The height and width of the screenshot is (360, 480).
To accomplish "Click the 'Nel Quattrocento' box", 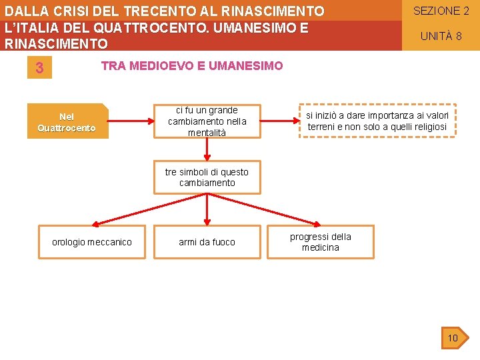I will point(67,121).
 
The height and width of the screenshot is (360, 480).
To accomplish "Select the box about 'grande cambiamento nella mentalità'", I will point(207,121).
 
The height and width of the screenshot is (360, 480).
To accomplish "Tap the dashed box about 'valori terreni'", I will point(377,121).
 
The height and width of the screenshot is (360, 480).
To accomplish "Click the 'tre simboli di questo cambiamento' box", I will point(207,177).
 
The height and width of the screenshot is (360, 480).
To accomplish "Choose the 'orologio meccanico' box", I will point(92,242).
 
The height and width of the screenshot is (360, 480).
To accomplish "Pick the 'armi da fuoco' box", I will point(207,242).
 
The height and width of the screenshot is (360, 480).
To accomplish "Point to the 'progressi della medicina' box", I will point(321,242).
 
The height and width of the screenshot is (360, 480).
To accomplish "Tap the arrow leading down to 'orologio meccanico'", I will point(147,210).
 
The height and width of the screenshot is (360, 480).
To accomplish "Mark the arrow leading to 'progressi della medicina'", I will point(267,210).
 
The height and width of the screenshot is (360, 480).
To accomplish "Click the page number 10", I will point(453,338).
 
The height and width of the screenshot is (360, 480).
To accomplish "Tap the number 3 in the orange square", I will point(39,68).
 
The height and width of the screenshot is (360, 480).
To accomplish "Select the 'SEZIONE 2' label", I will point(441,11).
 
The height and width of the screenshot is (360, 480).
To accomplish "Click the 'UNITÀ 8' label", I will point(441,36).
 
